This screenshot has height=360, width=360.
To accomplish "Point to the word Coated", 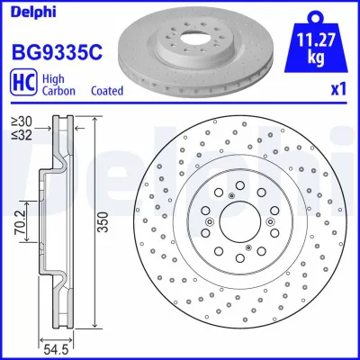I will [108, 91].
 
